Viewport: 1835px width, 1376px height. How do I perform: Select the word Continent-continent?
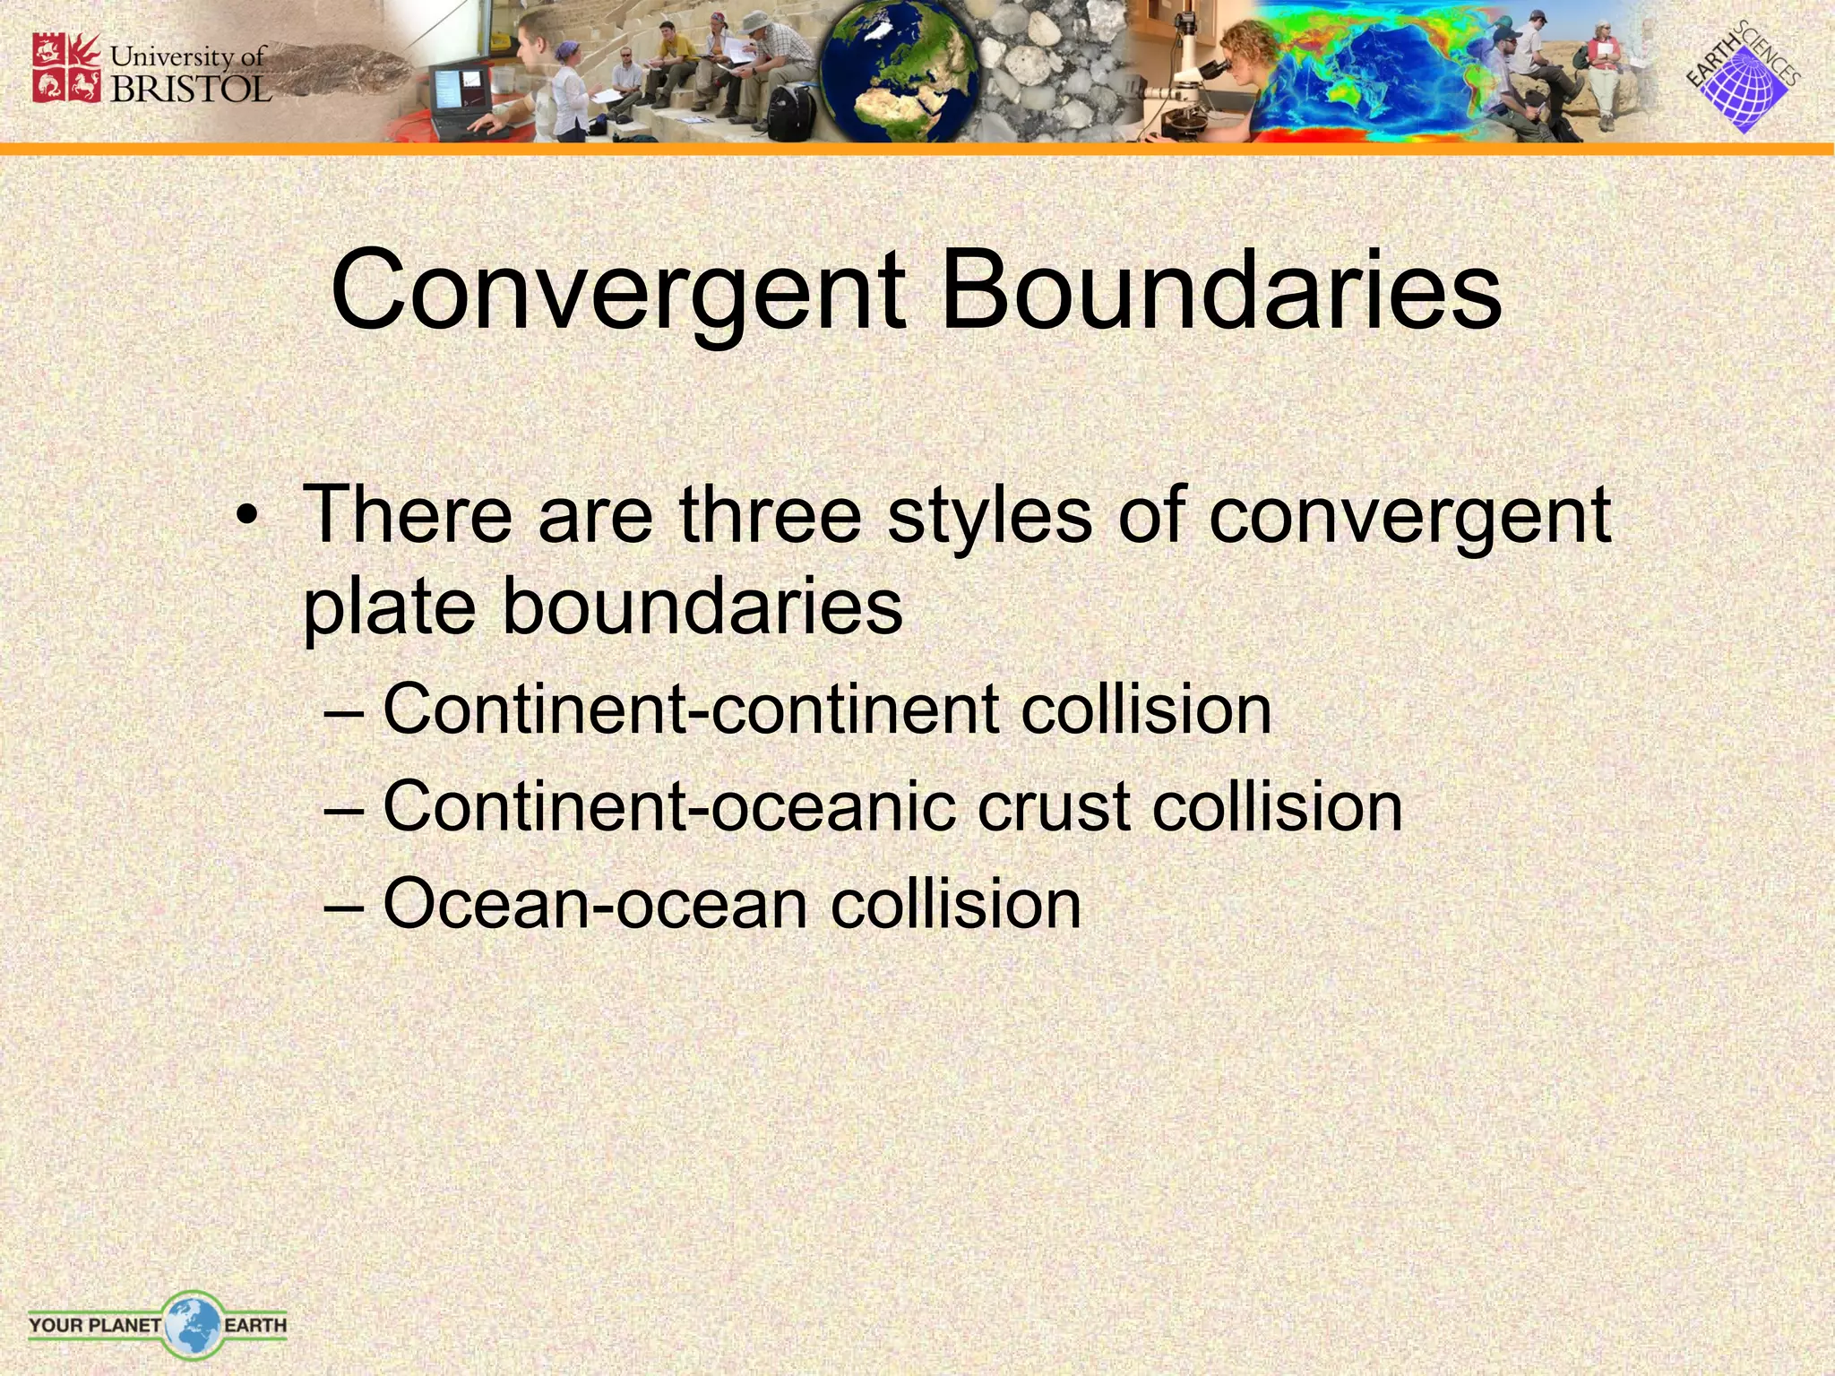[691, 709]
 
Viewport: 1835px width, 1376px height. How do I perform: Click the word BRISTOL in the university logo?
[190, 88]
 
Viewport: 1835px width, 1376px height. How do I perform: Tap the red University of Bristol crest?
[66, 67]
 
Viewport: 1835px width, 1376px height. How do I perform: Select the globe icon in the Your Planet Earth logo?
[193, 1324]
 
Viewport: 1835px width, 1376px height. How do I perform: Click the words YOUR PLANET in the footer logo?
[94, 1324]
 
